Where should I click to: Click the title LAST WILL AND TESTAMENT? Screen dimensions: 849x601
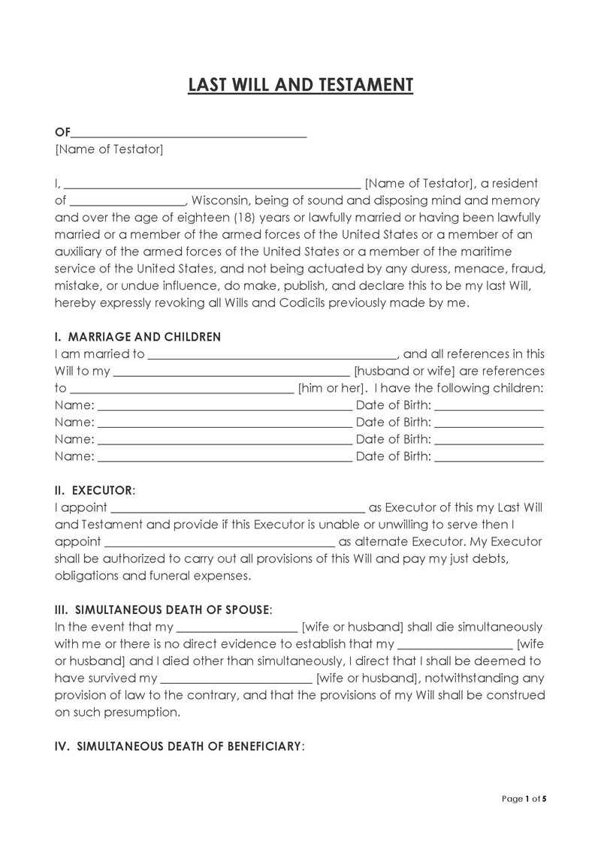(300, 85)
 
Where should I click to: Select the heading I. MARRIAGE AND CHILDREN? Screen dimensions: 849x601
(138, 337)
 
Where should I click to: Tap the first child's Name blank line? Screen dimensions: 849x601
(225, 407)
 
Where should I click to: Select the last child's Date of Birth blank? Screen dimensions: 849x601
(489, 457)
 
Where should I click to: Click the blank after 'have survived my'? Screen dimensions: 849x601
(237, 679)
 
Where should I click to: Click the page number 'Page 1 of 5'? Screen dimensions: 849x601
(524, 799)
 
